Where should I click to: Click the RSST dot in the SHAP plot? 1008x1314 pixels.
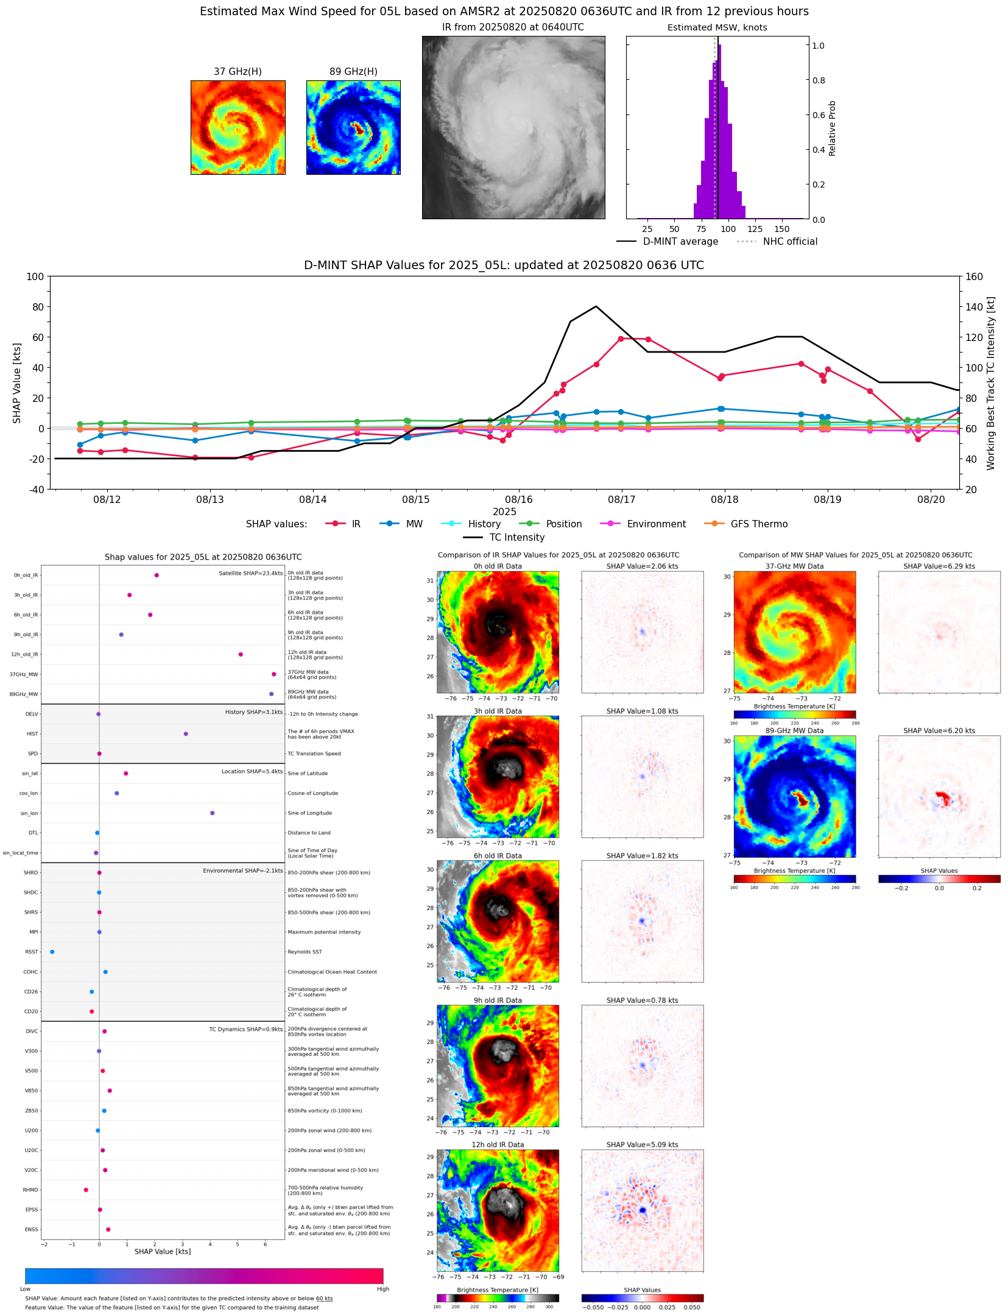52,952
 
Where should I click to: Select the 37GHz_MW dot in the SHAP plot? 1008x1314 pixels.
274,674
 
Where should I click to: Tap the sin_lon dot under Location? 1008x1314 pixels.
213,813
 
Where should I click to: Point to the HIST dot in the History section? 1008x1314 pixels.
186,734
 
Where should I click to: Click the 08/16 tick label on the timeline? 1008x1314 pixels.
519,499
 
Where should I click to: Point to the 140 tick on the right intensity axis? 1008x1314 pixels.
974,307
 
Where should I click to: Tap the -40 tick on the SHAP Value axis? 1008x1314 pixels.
35,490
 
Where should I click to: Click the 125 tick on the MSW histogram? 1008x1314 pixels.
755,229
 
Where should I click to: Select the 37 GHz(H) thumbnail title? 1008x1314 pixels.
238,72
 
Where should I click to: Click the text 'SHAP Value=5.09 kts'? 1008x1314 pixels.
642,1145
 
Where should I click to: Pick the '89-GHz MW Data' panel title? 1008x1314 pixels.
794,731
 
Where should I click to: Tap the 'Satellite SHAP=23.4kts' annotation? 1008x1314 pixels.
250,573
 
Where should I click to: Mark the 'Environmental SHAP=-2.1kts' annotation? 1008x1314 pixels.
242,871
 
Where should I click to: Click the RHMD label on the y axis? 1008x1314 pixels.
30,1190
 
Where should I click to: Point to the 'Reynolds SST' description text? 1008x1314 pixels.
305,952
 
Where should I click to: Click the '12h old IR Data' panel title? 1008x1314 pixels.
498,1145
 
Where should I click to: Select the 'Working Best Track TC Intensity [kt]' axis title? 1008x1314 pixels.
991,384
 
